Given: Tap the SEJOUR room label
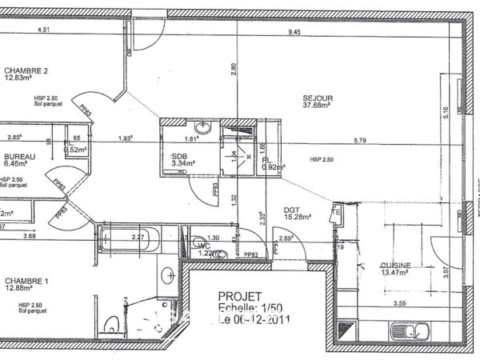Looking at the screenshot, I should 318,98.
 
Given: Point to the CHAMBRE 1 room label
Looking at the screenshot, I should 27,281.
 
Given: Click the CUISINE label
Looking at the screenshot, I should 395,266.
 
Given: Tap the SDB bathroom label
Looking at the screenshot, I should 179,156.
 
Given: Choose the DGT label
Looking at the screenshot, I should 291,210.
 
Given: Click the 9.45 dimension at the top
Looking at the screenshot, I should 294,33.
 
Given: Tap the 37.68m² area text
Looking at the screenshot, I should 317,105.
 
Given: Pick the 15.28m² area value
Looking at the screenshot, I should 297,217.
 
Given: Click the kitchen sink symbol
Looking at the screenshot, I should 410,331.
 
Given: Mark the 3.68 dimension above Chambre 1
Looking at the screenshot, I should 30,236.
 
